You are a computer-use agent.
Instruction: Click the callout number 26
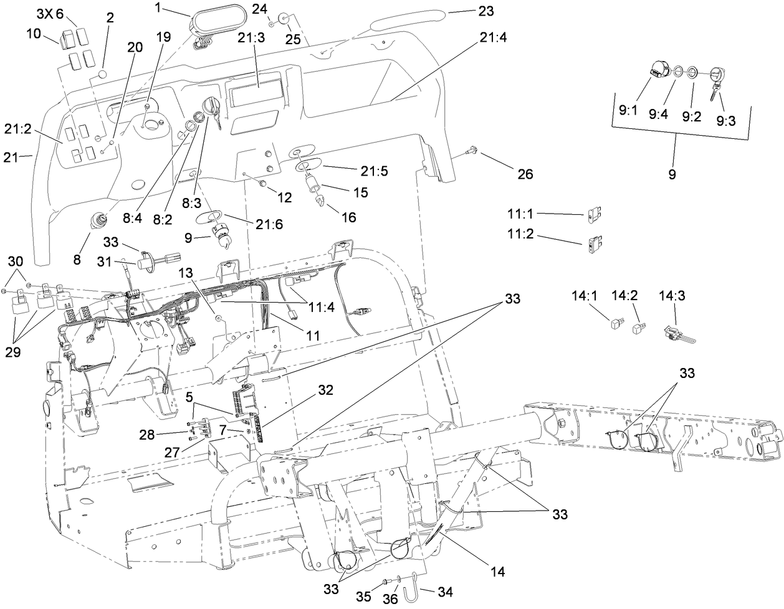[525, 174]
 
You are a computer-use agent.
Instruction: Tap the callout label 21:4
[493, 37]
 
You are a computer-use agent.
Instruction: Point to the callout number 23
[485, 11]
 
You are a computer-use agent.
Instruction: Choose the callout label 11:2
[521, 237]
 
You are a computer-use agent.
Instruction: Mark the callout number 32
[325, 390]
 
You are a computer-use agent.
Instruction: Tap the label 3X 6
[50, 14]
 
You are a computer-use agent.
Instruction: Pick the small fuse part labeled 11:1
[593, 215]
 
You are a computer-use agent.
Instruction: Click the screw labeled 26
[473, 149]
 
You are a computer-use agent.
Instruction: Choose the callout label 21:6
[269, 224]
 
